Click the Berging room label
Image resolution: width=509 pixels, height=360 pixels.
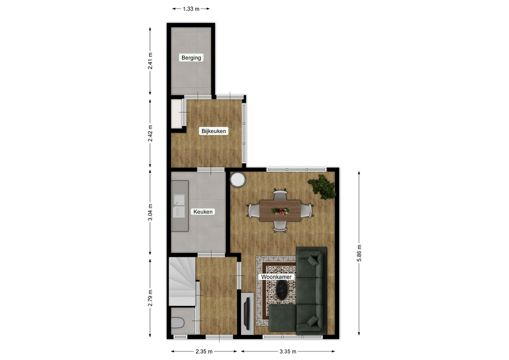pyautogui.click(x=191, y=58)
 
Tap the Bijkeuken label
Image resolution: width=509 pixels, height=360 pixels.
pyautogui.click(x=214, y=131)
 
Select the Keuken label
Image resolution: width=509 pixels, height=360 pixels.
pyautogui.click(x=203, y=212)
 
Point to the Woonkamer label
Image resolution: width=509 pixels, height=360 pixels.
pyautogui.click(x=276, y=277)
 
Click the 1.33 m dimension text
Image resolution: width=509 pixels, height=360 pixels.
pyautogui.click(x=191, y=9)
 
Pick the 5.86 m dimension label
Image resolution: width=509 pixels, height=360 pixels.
pyautogui.click(x=359, y=253)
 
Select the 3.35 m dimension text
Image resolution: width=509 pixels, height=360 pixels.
pyautogui.click(x=288, y=351)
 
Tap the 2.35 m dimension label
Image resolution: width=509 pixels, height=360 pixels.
pyautogui.click(x=204, y=351)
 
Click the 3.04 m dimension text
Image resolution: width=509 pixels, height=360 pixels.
pyautogui.click(x=150, y=212)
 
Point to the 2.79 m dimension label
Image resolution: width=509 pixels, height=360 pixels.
pyautogui.click(x=150, y=298)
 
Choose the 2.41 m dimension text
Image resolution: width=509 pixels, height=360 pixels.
pyautogui.click(x=150, y=61)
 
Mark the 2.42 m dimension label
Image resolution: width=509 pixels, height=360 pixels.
pyautogui.click(x=150, y=133)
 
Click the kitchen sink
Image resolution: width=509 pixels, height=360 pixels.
pyautogui.click(x=179, y=206)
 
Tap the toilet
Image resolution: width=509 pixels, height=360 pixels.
pyautogui.click(x=178, y=323)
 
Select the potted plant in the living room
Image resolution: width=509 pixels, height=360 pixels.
pyautogui.click(x=322, y=187)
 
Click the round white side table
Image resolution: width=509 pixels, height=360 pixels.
pyautogui.click(x=238, y=180)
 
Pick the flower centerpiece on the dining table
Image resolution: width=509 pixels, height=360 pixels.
pyautogui.click(x=280, y=212)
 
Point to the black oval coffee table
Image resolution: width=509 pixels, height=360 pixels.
pyautogui.click(x=282, y=289)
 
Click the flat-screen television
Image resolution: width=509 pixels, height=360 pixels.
pyautogui.click(x=246, y=313)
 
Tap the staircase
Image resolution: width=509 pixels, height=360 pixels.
pyautogui.click(x=182, y=281)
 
